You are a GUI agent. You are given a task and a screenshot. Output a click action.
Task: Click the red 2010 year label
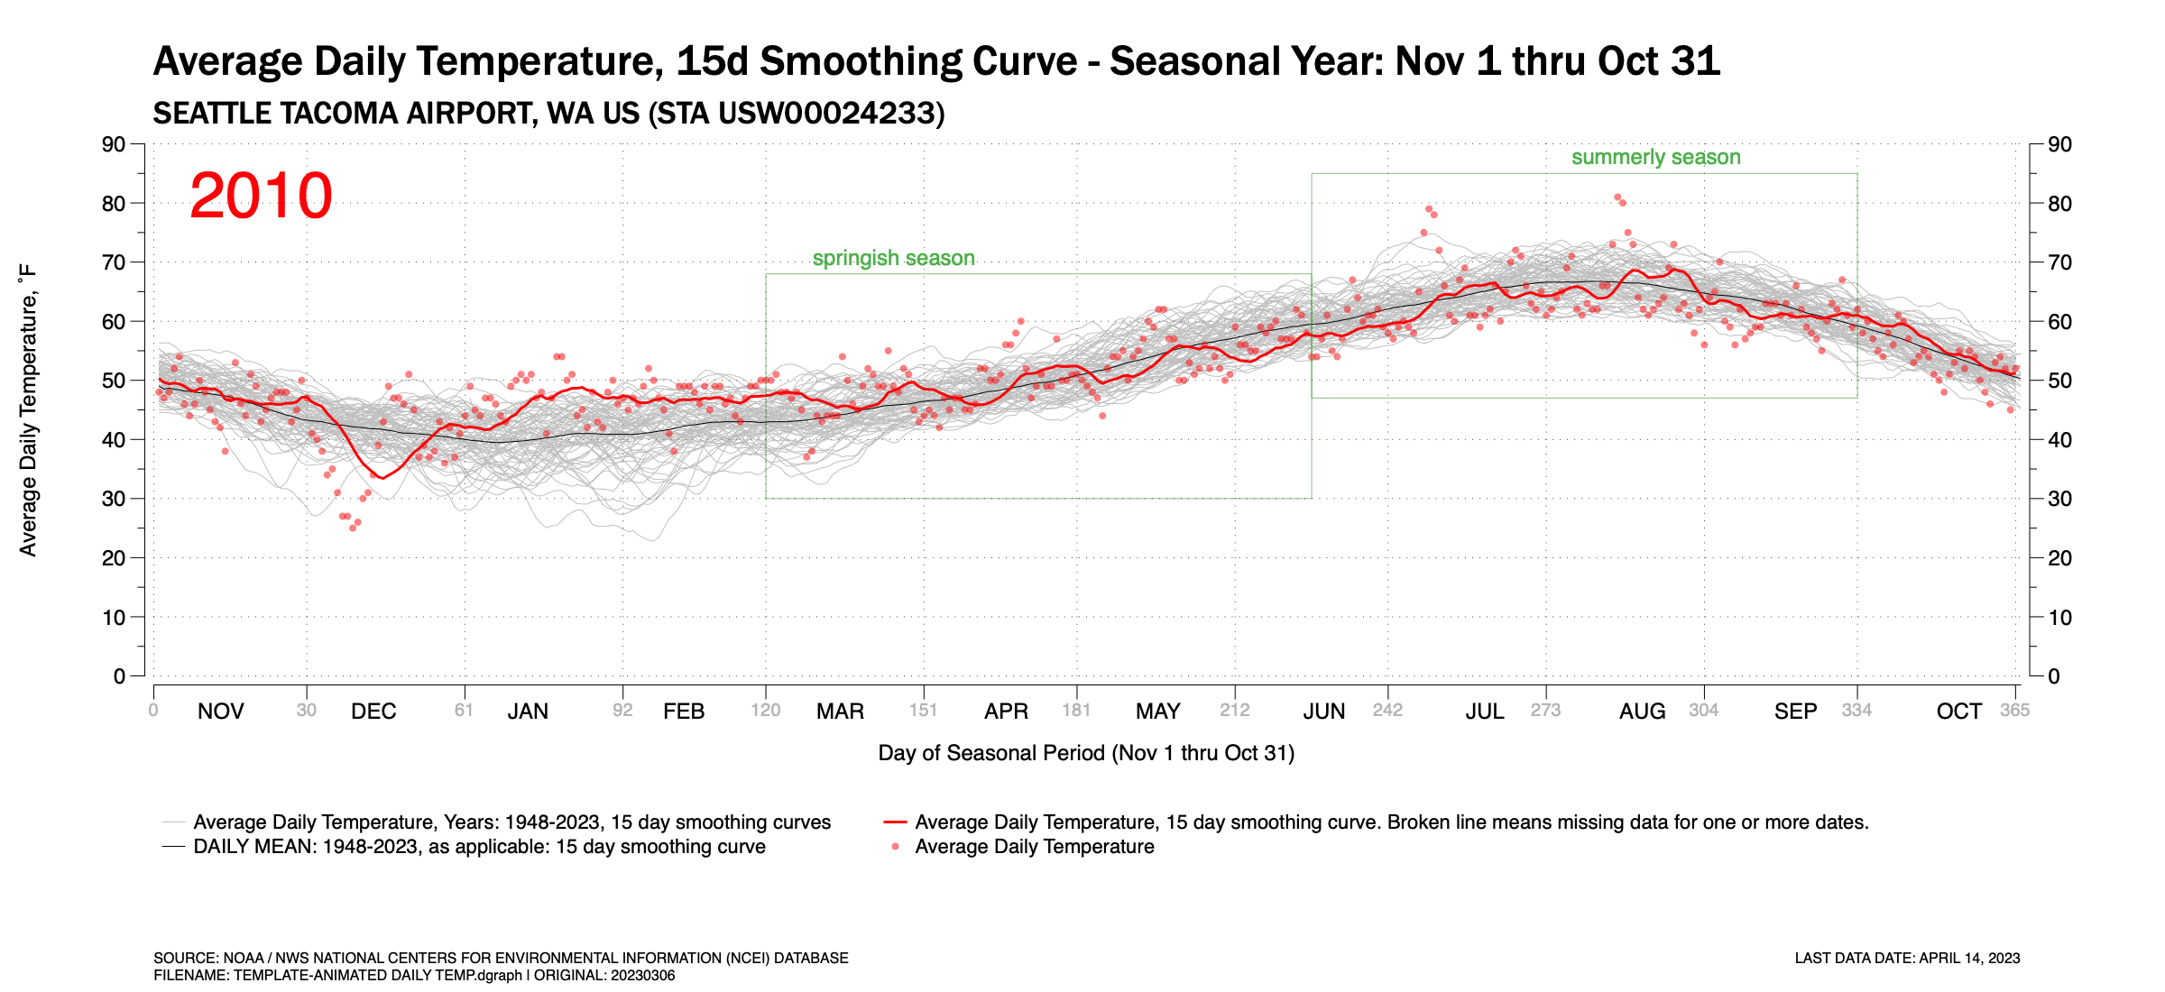click(261, 196)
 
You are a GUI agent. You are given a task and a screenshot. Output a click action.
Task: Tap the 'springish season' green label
click(893, 259)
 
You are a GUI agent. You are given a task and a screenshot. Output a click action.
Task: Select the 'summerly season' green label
click(1655, 158)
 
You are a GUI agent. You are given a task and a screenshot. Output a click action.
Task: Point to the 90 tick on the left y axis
click(114, 144)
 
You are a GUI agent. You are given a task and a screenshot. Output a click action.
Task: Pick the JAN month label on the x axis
click(528, 712)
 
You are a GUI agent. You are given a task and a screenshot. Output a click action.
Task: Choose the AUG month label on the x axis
click(1642, 712)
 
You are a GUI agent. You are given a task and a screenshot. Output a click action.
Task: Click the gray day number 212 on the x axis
click(1234, 711)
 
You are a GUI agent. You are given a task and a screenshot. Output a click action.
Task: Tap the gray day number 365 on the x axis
click(2014, 711)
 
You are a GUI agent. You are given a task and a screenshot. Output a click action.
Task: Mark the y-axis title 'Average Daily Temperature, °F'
click(28, 410)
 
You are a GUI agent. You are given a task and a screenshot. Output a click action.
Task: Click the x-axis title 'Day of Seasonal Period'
click(1085, 753)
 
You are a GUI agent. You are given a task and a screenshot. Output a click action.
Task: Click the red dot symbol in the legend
click(895, 847)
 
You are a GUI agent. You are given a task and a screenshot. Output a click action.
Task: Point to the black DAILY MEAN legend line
click(173, 847)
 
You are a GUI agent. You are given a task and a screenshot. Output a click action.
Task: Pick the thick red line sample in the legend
click(895, 822)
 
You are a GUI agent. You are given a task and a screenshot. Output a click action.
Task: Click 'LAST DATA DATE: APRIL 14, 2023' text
click(1907, 958)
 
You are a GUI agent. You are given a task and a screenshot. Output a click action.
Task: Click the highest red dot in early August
click(1617, 197)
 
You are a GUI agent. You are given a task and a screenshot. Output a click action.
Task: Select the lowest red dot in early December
click(353, 528)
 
